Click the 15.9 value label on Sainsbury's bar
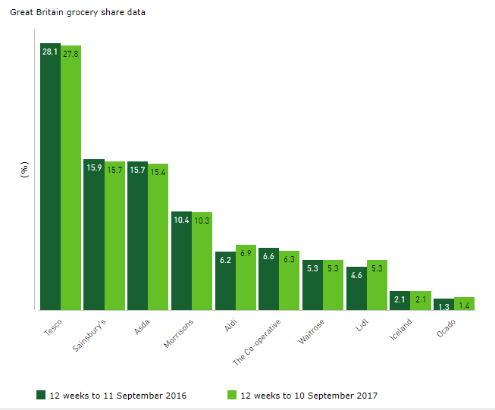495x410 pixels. pos(94,167)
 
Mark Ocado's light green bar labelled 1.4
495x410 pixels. pos(464,304)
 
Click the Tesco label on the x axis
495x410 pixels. pos(52,327)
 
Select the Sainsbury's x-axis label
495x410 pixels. pos(93,336)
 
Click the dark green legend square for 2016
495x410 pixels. pos(41,395)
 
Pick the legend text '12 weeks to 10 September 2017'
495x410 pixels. pos(309,396)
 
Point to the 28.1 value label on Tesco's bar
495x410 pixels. pos(50,52)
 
